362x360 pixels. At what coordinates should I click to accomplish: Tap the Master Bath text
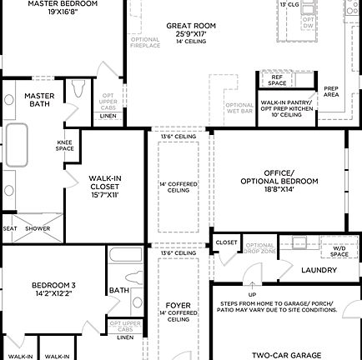coord(39,100)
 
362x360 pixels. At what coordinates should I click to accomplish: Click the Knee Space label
coord(65,145)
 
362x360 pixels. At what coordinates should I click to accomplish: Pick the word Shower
coord(38,227)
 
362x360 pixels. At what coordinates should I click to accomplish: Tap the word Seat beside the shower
coord(10,227)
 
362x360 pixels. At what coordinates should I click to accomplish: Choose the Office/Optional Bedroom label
coord(279,181)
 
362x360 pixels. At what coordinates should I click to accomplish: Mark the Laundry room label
coord(319,270)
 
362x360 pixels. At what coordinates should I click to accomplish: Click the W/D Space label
coord(339,251)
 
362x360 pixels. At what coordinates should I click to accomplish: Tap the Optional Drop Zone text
coord(261,247)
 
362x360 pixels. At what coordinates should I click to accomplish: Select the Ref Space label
coord(278,80)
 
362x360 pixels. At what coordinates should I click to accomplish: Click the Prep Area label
coord(331,92)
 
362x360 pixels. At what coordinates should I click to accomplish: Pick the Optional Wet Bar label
coord(239,108)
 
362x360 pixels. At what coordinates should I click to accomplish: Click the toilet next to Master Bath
coord(79,89)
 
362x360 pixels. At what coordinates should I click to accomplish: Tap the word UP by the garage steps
coord(252,294)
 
